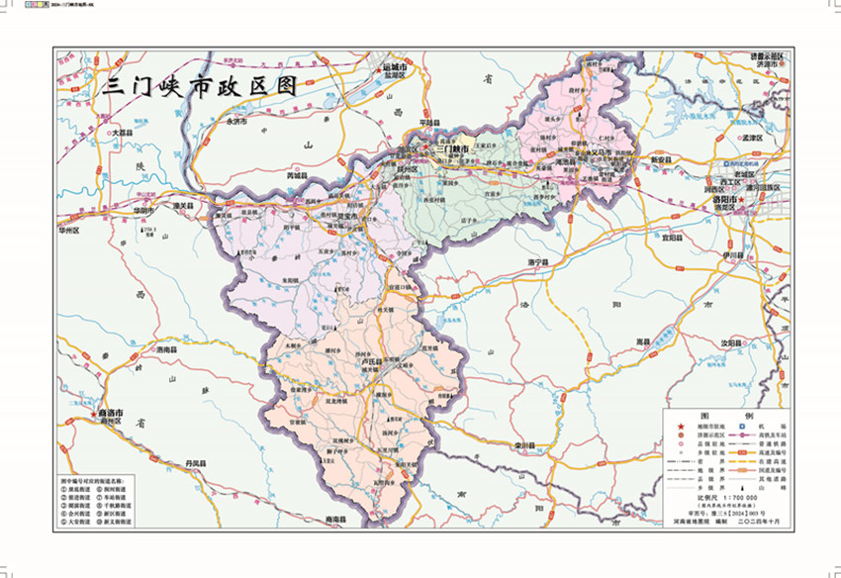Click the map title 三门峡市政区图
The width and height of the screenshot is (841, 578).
(x=203, y=86)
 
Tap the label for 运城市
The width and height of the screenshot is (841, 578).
(x=396, y=67)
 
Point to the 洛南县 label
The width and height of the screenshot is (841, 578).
(x=165, y=350)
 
